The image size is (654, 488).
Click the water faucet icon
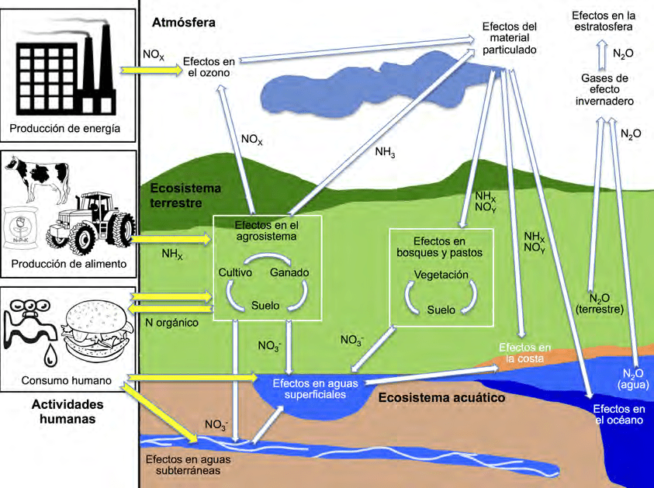click(x=29, y=326)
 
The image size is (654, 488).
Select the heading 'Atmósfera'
click(x=184, y=22)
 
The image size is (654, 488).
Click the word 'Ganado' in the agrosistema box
click(x=289, y=272)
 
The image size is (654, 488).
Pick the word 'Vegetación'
click(x=441, y=275)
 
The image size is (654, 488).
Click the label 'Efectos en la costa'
click(x=525, y=352)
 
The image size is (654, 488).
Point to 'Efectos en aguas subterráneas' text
click(x=182, y=464)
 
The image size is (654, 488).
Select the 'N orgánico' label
click(x=172, y=322)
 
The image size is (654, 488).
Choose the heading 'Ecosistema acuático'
click(x=441, y=398)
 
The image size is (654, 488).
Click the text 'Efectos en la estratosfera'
click(x=604, y=21)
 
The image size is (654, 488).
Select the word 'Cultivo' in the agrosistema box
click(x=237, y=272)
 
